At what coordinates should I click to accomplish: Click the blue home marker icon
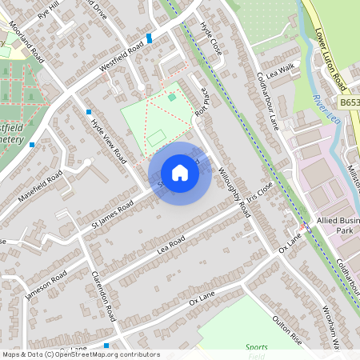pyautogui.click(x=180, y=173)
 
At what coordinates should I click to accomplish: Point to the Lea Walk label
pyautogui.click(x=282, y=72)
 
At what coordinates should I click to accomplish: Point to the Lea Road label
pyautogui.click(x=171, y=243)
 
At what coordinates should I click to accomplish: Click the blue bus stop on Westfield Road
pyautogui.click(x=150, y=38)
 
